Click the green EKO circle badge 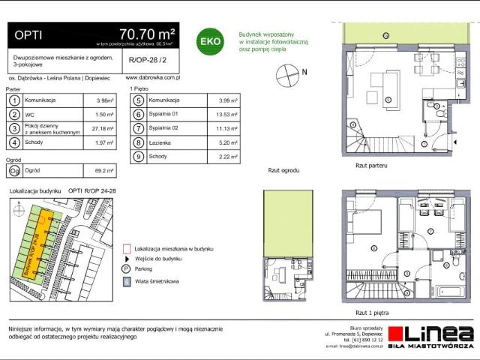(x=208, y=42)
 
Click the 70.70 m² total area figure (x=147, y=34)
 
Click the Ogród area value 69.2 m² (x=104, y=170)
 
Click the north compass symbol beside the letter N (x=285, y=73)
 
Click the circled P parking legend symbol (x=125, y=268)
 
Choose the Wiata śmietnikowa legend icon (x=125, y=281)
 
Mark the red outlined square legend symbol (x=125, y=247)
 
